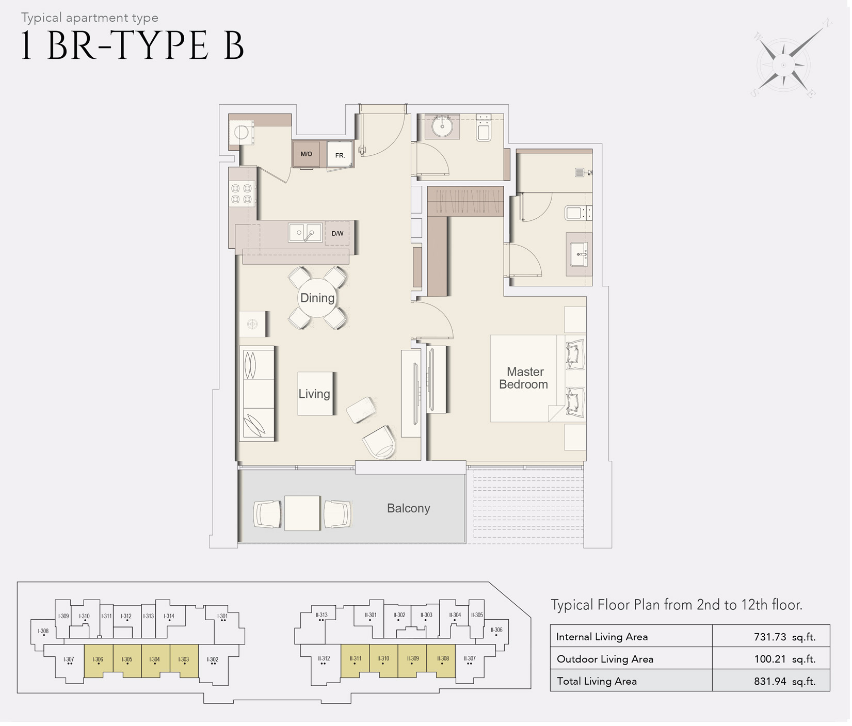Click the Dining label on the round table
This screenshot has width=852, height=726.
tap(317, 298)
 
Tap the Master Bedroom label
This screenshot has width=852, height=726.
tap(524, 378)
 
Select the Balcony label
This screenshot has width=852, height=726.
tap(408, 508)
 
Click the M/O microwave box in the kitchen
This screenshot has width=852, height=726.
tap(306, 154)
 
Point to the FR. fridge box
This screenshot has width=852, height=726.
tap(340, 155)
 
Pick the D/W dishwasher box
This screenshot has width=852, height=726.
tap(337, 233)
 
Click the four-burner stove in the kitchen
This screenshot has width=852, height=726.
tap(242, 194)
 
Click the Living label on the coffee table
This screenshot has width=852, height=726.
tap(314, 394)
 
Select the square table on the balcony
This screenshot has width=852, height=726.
tap(302, 513)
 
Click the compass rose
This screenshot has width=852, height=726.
tap(783, 65)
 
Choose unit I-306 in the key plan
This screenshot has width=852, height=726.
tap(98, 660)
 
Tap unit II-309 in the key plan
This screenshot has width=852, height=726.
tap(412, 660)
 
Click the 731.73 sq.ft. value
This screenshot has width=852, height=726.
tap(784, 637)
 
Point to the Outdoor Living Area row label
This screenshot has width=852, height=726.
tap(605, 659)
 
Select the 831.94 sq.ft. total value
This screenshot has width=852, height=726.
tap(784, 681)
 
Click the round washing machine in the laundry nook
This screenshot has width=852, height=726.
tap(241, 133)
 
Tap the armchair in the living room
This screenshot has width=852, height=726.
tap(379, 442)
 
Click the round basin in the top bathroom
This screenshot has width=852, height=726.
tap(442, 125)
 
